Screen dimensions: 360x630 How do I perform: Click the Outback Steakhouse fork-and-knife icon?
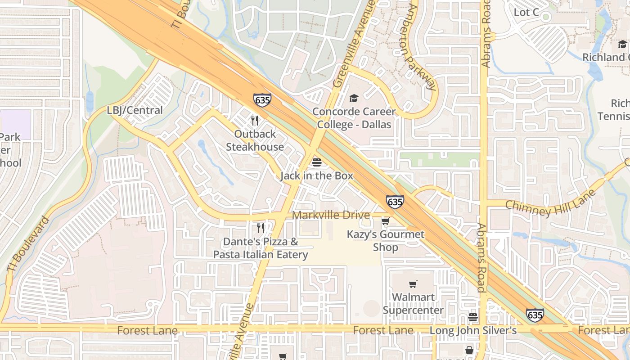point(255,121)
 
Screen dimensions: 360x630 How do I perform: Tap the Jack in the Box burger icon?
point(317,162)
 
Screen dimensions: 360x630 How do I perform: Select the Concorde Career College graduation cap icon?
point(354,98)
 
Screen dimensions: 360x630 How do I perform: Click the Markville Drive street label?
point(331,215)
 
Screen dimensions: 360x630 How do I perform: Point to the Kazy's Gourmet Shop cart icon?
point(385,221)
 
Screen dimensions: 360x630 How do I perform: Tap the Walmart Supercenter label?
point(413,304)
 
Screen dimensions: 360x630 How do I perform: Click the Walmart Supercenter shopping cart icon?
point(413,284)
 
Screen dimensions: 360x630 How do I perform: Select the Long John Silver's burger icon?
point(472,317)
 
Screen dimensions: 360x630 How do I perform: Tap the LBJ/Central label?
point(135,110)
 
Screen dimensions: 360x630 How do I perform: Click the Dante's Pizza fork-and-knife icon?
point(261,228)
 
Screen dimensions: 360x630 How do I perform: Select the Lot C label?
point(526,13)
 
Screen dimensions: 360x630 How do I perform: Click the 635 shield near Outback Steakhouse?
point(262,100)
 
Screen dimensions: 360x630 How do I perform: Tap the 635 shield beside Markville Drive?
point(395,202)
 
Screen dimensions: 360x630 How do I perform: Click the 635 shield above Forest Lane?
point(535,315)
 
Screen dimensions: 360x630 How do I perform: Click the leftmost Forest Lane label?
point(147,331)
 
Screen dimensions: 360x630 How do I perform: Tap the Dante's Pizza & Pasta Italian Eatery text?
point(261,248)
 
